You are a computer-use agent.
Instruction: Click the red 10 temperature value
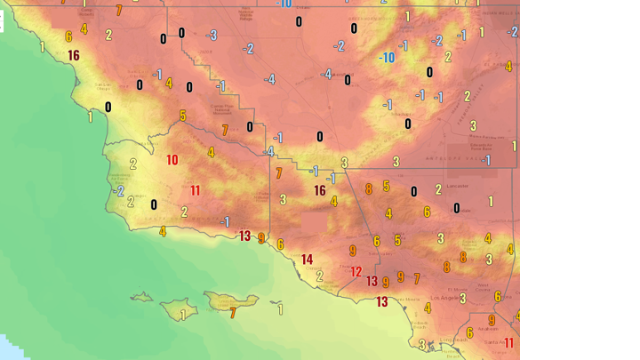(x=172, y=161)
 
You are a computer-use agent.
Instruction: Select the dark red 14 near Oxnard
(x=308, y=260)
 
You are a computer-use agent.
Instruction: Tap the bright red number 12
(x=356, y=272)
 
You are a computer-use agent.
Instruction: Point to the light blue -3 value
(x=212, y=36)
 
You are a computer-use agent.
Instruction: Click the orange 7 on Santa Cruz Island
(x=233, y=313)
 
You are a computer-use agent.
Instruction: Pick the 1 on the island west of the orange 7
(x=184, y=314)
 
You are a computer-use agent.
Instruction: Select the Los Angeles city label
(x=442, y=298)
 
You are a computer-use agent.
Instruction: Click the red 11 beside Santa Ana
(x=509, y=343)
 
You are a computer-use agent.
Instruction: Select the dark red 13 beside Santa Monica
(x=381, y=302)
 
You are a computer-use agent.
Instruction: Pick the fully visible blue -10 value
(x=387, y=58)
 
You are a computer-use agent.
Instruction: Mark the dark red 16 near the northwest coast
(x=74, y=55)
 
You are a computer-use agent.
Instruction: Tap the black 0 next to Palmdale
(x=457, y=208)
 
